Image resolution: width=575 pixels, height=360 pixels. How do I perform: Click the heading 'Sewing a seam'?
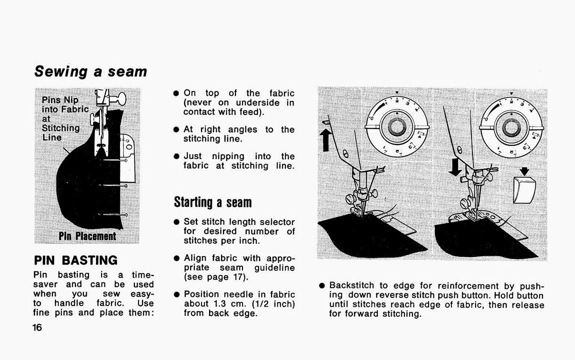pyautogui.click(x=90, y=71)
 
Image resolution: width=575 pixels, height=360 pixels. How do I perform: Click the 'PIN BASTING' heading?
pyautogui.click(x=75, y=260)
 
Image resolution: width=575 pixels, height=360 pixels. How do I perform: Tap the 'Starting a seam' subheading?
pyautogui.click(x=212, y=202)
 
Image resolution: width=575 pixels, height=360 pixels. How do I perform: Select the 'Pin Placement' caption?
pyautogui.click(x=87, y=236)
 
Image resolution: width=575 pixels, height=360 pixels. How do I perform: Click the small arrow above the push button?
pyautogui.click(x=524, y=171)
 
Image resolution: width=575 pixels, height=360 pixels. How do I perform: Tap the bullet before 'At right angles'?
pyautogui.click(x=176, y=129)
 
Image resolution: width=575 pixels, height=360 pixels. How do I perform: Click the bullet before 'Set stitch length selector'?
pyautogui.click(x=176, y=222)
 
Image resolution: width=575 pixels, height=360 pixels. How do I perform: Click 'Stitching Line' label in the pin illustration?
pyautogui.click(x=60, y=132)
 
